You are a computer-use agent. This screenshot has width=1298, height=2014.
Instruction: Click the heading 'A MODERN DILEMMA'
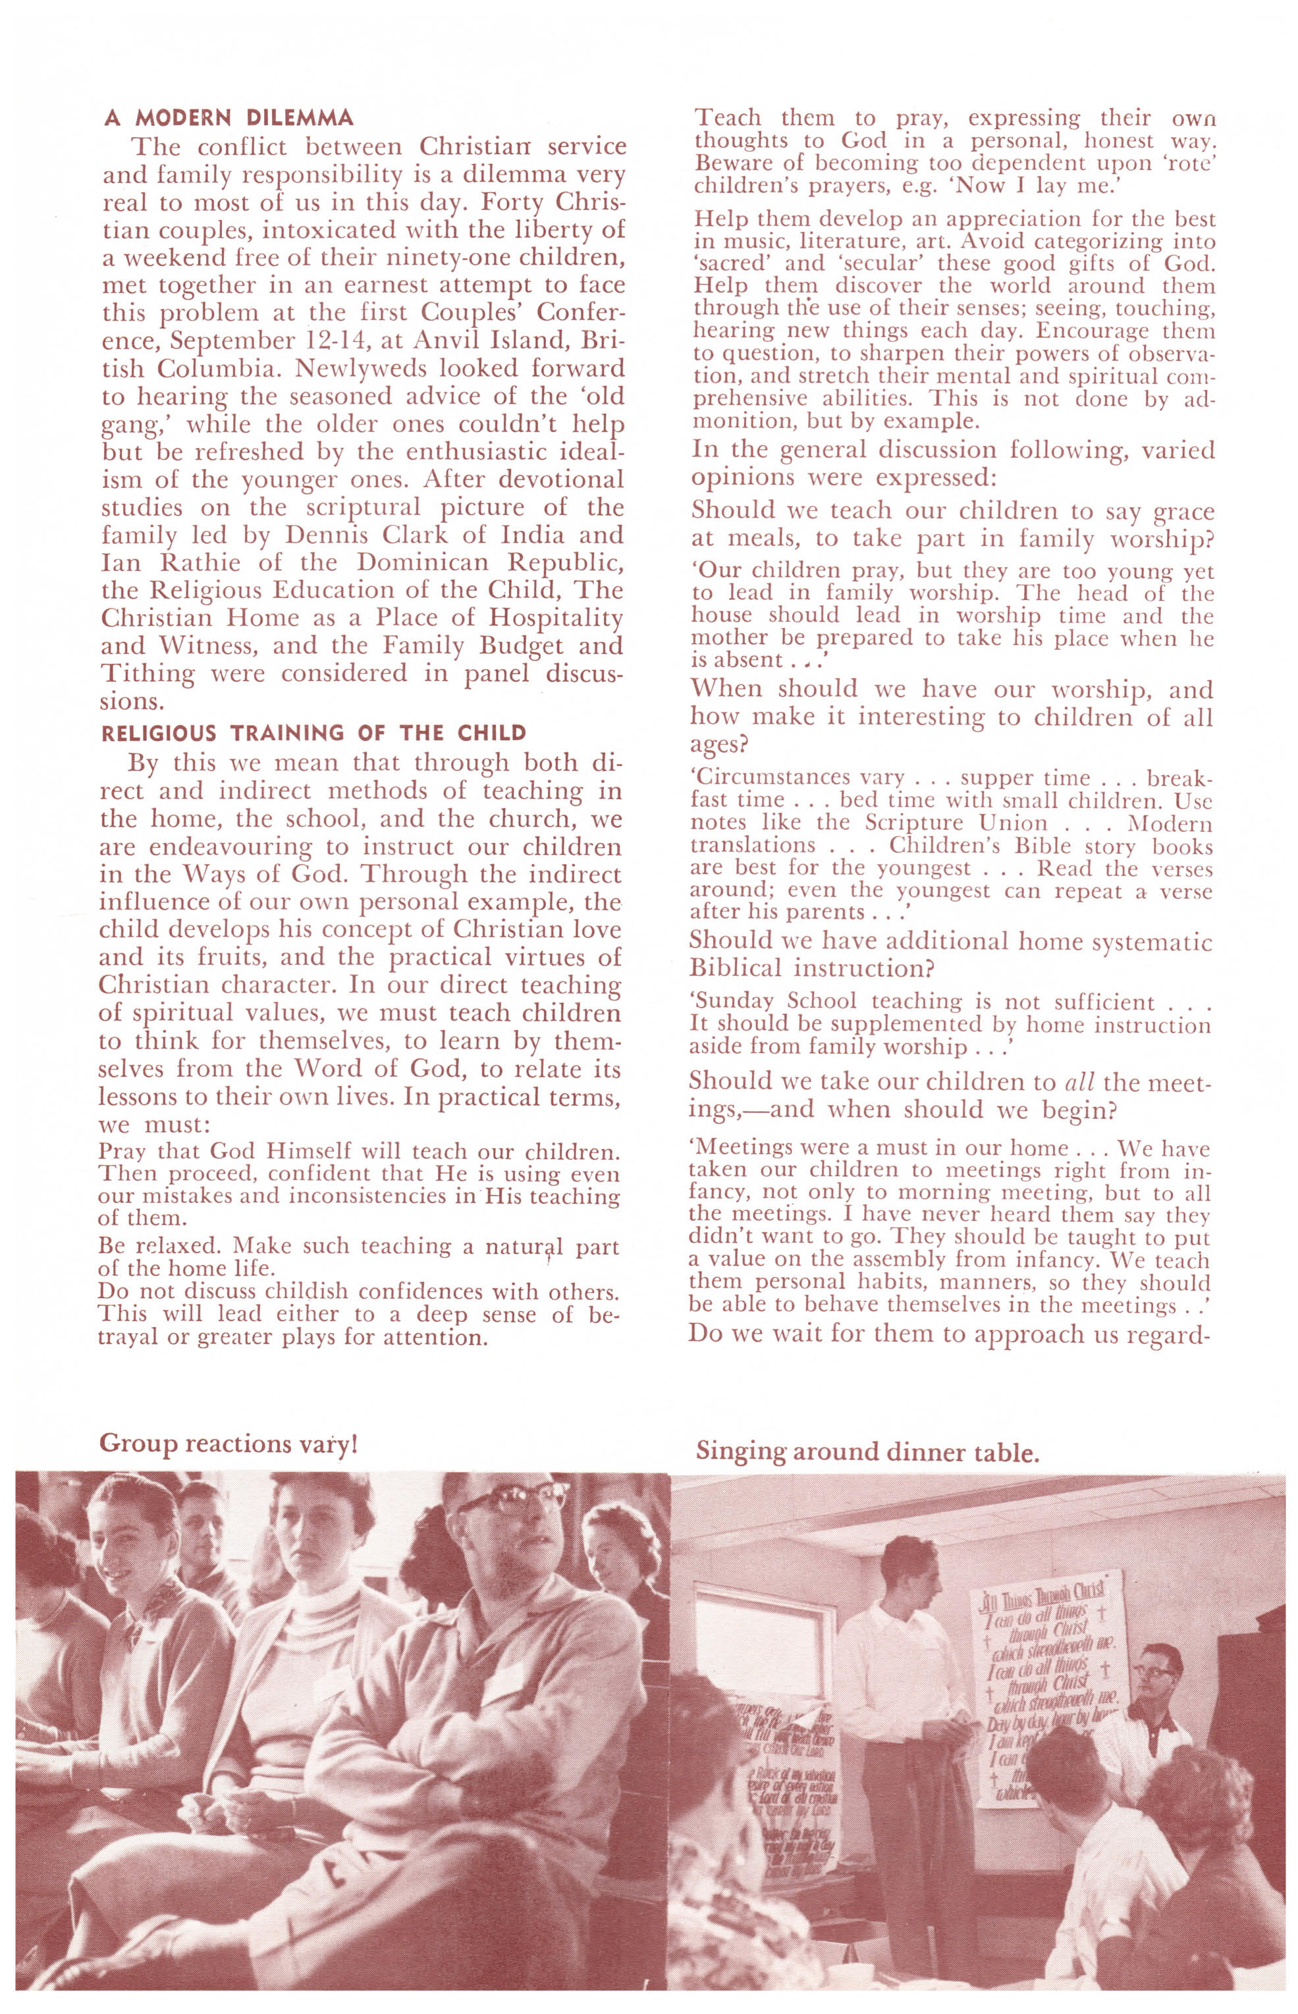(x=228, y=117)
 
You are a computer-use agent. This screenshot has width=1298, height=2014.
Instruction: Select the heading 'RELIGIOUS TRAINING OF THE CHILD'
(x=313, y=732)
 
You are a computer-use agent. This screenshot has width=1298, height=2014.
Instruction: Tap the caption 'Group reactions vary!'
(x=229, y=1444)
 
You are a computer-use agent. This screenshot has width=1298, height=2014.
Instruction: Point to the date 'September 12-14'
(x=271, y=341)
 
